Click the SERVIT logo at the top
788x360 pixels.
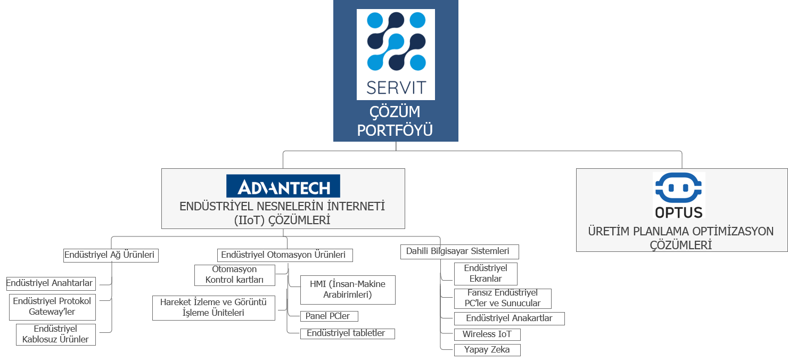(x=396, y=54)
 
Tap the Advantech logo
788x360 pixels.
(x=283, y=186)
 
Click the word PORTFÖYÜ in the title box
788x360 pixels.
(x=395, y=130)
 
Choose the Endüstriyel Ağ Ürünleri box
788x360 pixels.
(x=111, y=255)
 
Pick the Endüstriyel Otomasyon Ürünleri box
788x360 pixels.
(x=285, y=255)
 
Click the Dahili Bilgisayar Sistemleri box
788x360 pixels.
(x=459, y=251)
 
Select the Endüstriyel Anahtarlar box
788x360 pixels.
(x=51, y=284)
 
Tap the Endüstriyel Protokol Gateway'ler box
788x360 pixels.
(x=52, y=307)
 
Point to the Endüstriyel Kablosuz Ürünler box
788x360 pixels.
(x=56, y=334)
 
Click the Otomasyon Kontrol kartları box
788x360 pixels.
(x=235, y=275)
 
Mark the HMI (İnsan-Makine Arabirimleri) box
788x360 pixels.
(x=348, y=290)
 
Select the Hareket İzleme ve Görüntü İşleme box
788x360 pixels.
(x=214, y=308)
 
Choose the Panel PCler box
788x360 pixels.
(x=329, y=316)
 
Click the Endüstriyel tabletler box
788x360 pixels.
(x=348, y=333)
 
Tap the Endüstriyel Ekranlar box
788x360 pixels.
(x=486, y=274)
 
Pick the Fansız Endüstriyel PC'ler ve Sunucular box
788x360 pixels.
(x=503, y=298)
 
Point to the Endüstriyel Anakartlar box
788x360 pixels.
(x=510, y=318)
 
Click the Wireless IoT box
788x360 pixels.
(x=487, y=334)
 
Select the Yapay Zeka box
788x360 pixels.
(x=487, y=350)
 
